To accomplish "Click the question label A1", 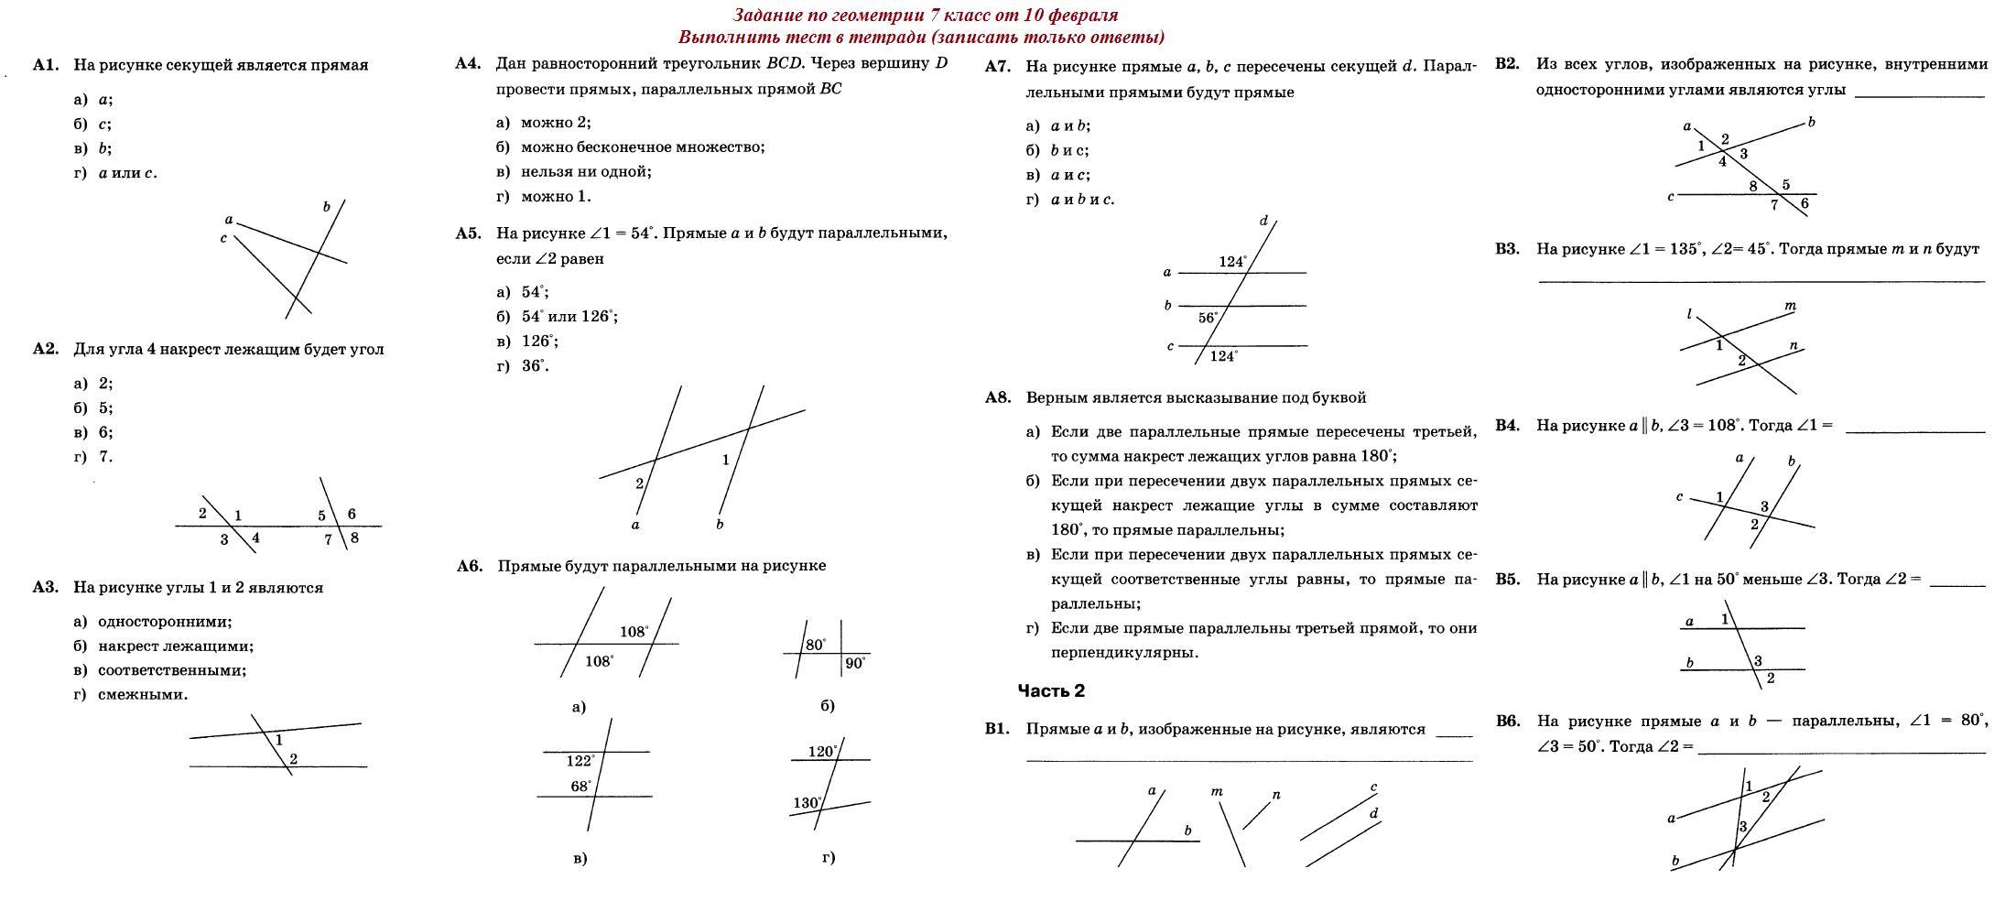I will [x=46, y=65].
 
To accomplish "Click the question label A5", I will [x=468, y=233].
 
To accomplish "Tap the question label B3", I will [x=1507, y=249].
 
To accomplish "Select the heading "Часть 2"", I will [x=1051, y=691].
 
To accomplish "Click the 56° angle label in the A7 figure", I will [x=1209, y=319].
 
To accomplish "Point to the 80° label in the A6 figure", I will [x=816, y=645].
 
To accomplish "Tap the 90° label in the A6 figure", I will [x=855, y=664].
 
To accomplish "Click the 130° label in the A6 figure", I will [x=807, y=803].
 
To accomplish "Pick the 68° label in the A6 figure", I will [x=581, y=786].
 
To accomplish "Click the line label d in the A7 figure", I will [x=1264, y=221].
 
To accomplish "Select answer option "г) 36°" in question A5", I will [x=523, y=366].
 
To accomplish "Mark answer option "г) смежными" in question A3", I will [x=131, y=695].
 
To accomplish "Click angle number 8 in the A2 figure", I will [x=354, y=537].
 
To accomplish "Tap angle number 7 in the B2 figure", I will [x=1773, y=205].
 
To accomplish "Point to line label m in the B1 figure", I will [x=1217, y=791].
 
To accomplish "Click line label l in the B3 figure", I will [x=1689, y=314].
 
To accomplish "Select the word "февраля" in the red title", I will [x=1086, y=15].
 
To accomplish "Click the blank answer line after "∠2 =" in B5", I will [x=1957, y=584].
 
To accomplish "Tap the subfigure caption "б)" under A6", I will [x=827, y=706].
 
